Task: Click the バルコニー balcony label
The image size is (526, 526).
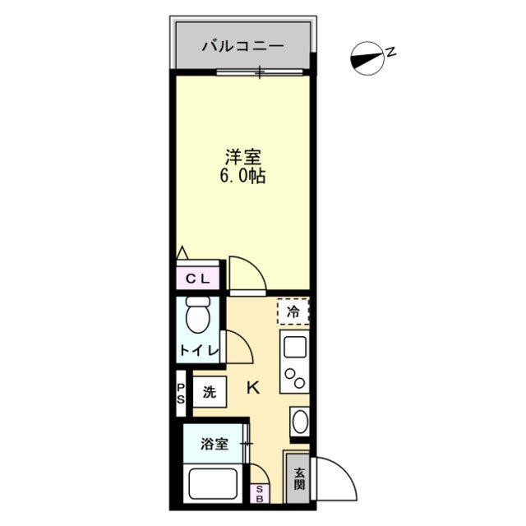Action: (243, 46)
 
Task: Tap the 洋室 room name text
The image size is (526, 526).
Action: (243, 157)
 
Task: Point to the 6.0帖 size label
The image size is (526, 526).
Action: (243, 175)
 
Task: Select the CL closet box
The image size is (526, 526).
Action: (197, 278)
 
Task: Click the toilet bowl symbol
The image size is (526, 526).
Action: (198, 314)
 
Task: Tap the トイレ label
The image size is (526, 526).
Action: (199, 351)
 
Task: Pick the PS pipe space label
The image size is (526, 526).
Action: (181, 393)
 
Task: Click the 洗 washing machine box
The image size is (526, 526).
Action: (210, 392)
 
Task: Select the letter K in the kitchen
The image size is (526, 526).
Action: (253, 388)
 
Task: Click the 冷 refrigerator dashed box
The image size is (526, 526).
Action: (293, 311)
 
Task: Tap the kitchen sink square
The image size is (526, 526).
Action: (295, 347)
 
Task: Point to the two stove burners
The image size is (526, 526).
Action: (295, 378)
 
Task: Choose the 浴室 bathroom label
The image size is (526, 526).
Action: (215, 444)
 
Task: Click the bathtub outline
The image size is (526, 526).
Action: (213, 484)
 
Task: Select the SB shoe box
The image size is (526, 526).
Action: (260, 494)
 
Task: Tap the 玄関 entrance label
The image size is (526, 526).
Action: (299, 478)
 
